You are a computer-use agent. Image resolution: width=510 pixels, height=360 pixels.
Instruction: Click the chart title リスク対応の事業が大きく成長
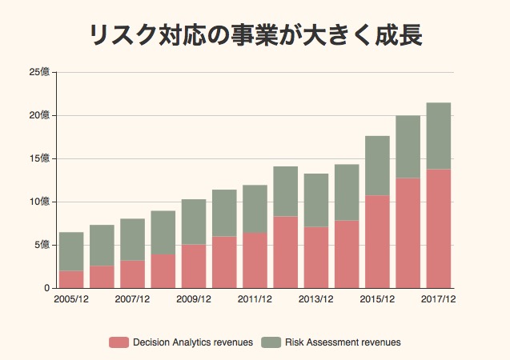(255, 36)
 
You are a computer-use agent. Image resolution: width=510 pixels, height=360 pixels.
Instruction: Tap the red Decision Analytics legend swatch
(118, 342)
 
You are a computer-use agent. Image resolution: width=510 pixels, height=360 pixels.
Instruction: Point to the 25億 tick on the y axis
(39, 73)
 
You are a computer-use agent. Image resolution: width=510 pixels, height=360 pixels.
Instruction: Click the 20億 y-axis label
(39, 116)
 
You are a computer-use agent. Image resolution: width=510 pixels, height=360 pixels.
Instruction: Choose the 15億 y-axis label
(39, 159)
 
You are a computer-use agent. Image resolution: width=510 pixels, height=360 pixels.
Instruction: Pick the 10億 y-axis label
(39, 202)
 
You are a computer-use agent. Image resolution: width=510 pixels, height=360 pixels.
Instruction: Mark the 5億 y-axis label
(42, 245)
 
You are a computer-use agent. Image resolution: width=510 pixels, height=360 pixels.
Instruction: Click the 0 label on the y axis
(46, 288)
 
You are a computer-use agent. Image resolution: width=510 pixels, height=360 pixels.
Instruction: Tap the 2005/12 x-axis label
(71, 299)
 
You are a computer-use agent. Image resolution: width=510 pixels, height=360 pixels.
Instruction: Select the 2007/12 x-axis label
(132, 299)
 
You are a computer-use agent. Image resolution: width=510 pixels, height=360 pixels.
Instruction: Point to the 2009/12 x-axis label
(194, 299)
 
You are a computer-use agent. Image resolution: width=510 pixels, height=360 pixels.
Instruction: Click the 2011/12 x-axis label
(255, 299)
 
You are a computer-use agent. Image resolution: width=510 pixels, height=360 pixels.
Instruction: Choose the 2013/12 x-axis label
(316, 299)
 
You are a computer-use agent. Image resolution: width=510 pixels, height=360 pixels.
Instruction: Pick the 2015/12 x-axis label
(377, 299)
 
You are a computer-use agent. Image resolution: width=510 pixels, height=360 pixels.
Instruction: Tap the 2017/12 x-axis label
(438, 299)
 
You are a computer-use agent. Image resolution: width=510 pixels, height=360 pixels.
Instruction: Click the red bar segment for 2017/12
(438, 228)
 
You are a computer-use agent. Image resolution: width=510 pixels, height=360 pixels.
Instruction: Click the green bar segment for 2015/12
(377, 166)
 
